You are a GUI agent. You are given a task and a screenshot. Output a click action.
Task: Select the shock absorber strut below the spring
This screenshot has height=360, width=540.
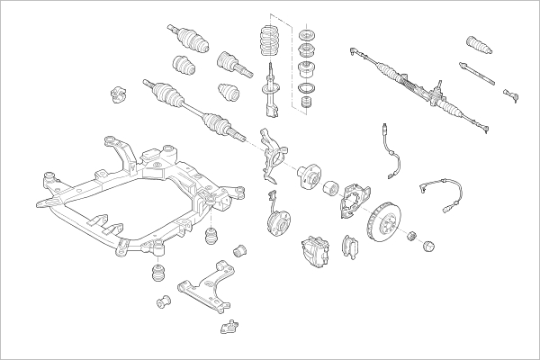(x=269, y=94)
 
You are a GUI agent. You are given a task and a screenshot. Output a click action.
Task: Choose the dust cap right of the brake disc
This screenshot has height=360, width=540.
(x=427, y=244)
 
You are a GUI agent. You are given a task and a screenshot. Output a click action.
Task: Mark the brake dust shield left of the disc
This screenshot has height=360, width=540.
(x=354, y=200)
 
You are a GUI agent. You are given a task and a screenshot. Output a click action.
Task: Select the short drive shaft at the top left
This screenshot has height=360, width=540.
(x=190, y=37)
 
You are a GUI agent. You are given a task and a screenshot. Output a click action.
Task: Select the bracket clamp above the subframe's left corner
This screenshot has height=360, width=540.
(x=115, y=94)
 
